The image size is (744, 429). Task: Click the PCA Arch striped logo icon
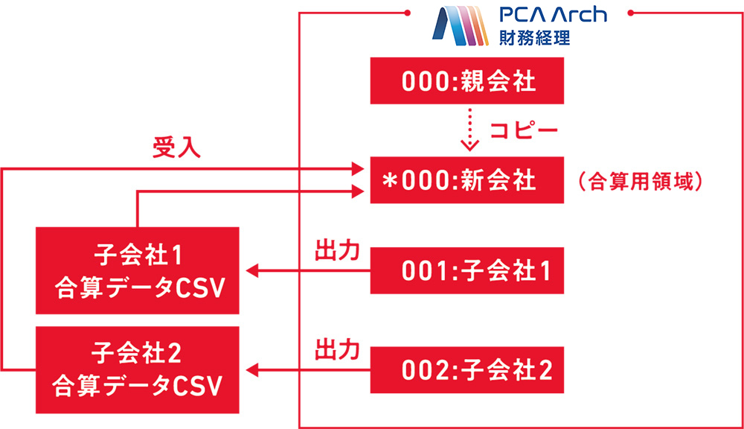click(459, 25)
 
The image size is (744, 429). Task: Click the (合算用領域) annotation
click(640, 182)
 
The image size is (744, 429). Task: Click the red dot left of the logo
click(408, 12)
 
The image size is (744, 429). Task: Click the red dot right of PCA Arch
click(631, 12)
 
